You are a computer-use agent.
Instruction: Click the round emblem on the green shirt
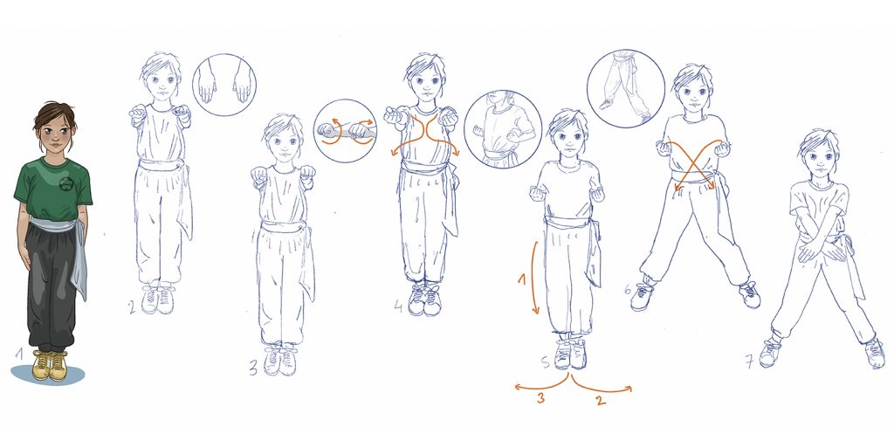66,183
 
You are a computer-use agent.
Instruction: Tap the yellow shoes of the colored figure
50,366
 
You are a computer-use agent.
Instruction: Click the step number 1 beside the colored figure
19,354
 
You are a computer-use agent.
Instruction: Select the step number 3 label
253,368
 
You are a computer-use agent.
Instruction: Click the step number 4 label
399,306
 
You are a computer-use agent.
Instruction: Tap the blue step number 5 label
546,362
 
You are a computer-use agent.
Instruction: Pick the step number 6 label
628,290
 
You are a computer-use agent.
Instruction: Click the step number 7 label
750,361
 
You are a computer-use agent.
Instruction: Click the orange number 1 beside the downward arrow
521,280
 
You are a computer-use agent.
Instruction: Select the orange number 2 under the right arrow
601,400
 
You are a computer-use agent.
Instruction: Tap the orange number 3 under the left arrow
540,398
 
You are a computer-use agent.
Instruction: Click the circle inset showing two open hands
224,85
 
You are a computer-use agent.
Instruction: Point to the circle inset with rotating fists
345,131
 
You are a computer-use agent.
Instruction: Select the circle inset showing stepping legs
625,88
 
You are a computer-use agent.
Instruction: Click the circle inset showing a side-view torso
502,129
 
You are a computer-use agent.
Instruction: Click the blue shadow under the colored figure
48,375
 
